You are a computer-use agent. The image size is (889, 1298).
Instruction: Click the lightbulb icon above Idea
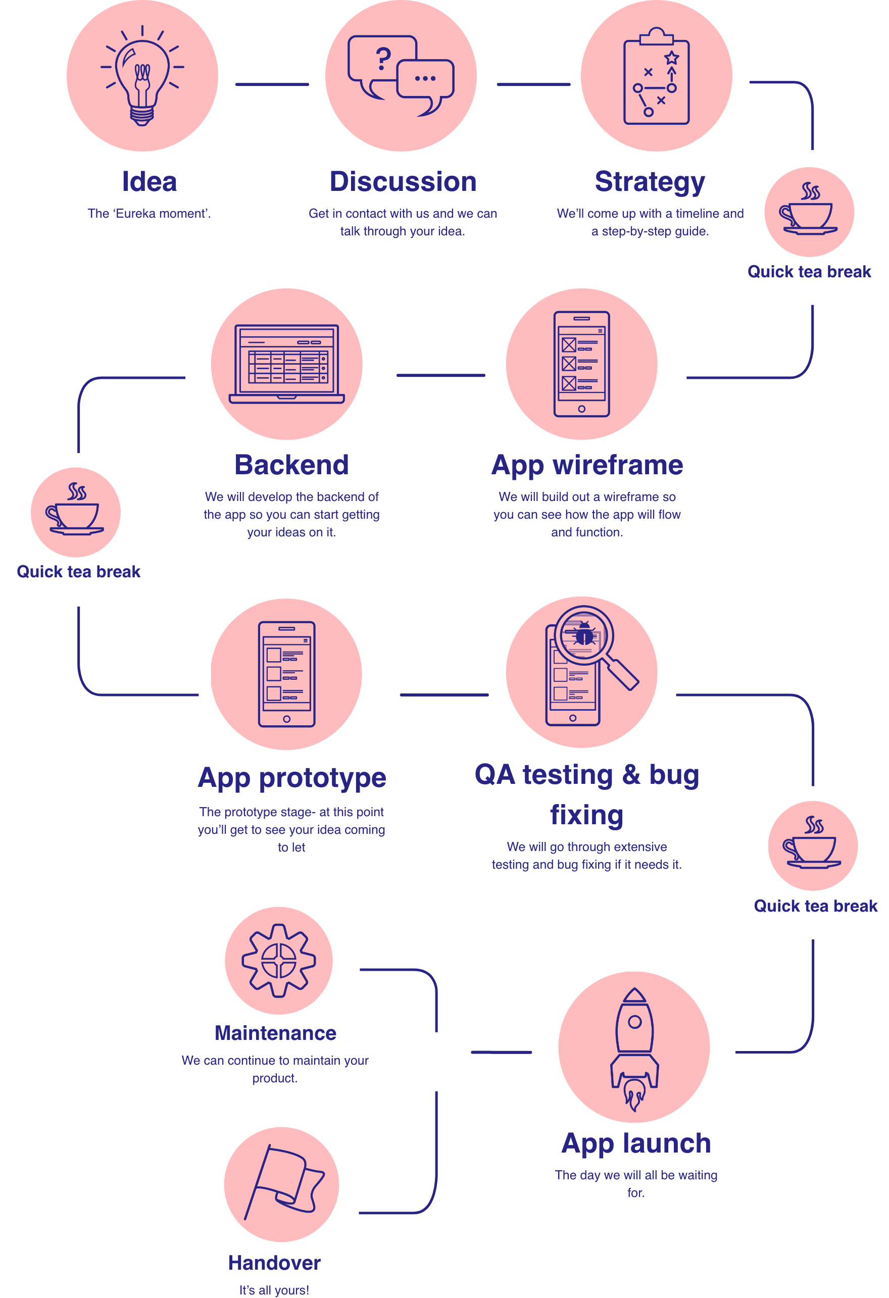(x=142, y=78)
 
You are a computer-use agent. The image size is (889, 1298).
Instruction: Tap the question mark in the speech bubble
(x=383, y=58)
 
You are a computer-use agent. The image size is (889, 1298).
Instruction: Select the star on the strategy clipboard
(x=672, y=58)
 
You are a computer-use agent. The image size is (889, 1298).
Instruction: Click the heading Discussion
(x=403, y=182)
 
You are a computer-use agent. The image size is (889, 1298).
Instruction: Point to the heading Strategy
(x=650, y=182)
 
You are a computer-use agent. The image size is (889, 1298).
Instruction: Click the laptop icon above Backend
(x=286, y=364)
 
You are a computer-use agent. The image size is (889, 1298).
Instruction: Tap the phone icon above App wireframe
(x=581, y=364)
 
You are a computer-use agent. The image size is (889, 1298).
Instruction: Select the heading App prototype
(x=291, y=777)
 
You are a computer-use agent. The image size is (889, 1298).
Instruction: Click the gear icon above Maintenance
(x=279, y=961)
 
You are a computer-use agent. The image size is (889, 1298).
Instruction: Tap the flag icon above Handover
(x=284, y=1183)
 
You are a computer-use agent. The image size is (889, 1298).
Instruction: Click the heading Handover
(x=274, y=1263)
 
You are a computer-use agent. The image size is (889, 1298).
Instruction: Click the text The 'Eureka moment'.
(x=149, y=213)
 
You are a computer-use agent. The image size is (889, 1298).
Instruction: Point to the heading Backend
(x=291, y=465)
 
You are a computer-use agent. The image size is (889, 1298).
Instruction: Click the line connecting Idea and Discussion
(x=272, y=85)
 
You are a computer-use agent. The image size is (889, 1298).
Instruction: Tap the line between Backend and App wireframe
(x=440, y=376)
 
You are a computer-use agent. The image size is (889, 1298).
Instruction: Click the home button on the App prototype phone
(x=286, y=719)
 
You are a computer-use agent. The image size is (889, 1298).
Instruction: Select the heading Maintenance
(x=275, y=1033)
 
